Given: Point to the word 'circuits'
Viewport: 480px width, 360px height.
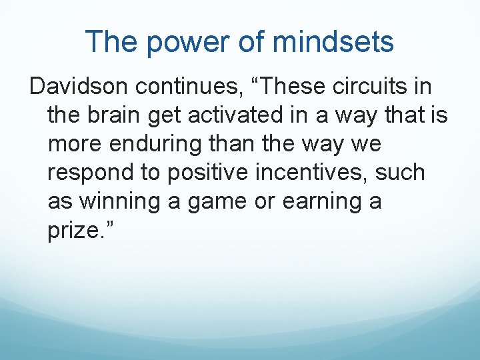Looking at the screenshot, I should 349,86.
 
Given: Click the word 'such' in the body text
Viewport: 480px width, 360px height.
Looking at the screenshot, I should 400,172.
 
